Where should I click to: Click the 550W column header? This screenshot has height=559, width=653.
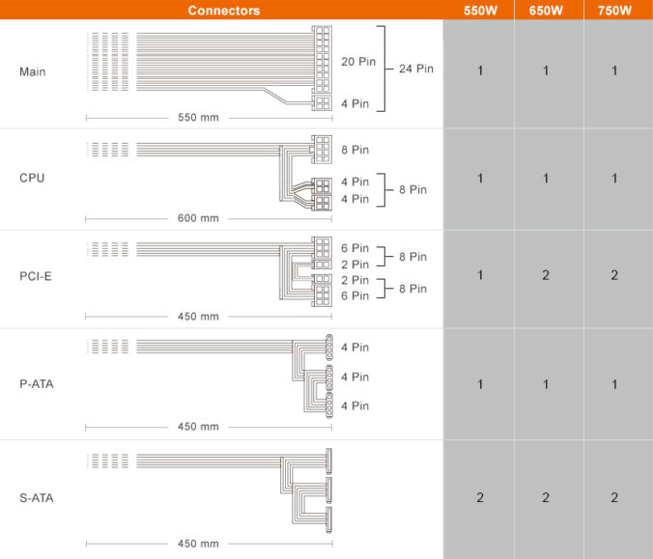pos(479,11)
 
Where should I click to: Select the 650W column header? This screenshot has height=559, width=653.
pos(548,11)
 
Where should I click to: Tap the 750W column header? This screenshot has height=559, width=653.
pos(615,11)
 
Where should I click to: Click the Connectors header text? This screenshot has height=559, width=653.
pos(223,11)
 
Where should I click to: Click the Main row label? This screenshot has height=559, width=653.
pos(32,71)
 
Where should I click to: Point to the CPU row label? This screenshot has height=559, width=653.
pos(32,178)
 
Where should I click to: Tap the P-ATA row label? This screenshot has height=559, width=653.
pos(37,384)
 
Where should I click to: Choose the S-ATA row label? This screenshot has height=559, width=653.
pos(37,498)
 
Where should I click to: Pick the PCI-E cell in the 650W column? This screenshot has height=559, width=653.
pos(548,275)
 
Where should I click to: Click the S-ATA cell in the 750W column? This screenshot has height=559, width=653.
pos(615,497)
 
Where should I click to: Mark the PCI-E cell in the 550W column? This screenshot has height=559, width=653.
pos(479,275)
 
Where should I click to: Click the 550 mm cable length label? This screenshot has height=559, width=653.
pos(198,117)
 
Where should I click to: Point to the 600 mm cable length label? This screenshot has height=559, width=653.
pos(198,218)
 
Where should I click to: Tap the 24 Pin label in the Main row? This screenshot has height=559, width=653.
pos(416,70)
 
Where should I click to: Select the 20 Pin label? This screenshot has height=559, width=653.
pos(357,61)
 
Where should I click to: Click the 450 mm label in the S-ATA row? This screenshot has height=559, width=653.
pos(198,544)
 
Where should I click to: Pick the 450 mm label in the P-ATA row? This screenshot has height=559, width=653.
pos(198,427)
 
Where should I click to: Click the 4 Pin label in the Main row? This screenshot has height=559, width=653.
pos(355,103)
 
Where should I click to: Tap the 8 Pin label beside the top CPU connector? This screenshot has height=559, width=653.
pos(355,150)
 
